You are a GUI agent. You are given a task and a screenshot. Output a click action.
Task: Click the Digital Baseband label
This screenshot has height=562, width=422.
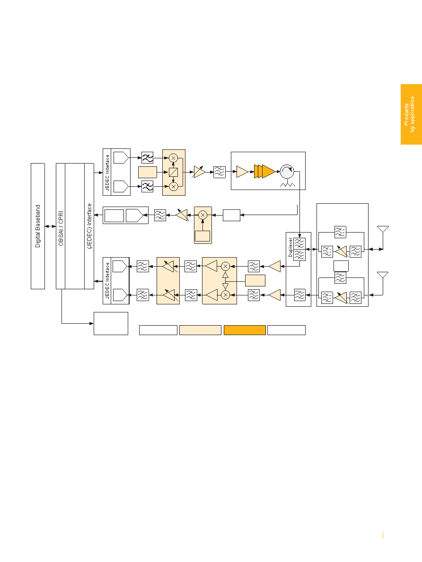[38, 226]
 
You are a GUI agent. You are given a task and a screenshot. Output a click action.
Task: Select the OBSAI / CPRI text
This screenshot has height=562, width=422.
[61, 228]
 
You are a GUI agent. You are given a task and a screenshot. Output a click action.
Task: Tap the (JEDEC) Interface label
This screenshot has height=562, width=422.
[89, 226]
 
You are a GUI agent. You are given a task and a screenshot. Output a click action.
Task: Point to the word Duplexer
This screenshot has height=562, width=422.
[290, 247]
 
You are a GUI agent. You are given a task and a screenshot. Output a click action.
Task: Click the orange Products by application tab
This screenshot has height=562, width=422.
[411, 114]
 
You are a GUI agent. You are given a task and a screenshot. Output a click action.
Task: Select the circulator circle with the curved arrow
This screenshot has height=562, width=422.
[287, 172]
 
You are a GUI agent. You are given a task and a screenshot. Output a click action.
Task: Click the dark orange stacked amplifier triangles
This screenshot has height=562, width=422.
[264, 171]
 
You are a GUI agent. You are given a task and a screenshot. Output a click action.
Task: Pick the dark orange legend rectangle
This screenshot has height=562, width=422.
[245, 330]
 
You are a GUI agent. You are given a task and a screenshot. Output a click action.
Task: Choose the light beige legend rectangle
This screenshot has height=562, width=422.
[200, 330]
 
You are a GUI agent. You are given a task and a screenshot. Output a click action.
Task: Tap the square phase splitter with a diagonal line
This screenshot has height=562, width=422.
[173, 173]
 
